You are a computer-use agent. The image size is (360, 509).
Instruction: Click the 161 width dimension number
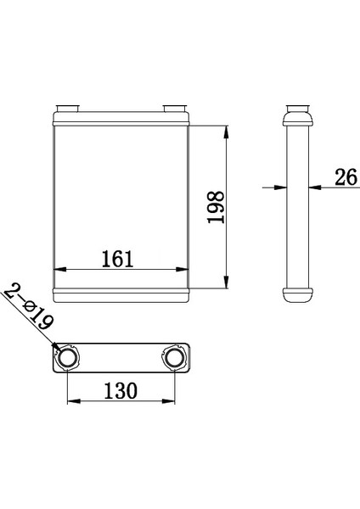tap(118, 259)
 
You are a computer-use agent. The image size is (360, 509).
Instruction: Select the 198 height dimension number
tap(216, 207)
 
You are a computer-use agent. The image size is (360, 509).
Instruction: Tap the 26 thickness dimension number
tap(346, 177)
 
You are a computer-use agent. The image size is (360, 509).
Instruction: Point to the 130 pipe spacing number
tap(121, 390)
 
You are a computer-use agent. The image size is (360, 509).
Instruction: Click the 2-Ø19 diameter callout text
tap(29, 306)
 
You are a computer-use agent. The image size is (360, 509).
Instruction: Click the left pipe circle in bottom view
tap(68, 357)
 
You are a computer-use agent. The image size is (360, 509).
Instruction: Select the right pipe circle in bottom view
tap(174, 357)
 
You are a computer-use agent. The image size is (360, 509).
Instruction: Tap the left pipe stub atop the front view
tap(68, 109)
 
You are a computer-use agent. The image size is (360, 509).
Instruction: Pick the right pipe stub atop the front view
tap(175, 109)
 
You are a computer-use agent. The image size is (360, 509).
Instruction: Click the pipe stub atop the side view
tap(298, 109)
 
